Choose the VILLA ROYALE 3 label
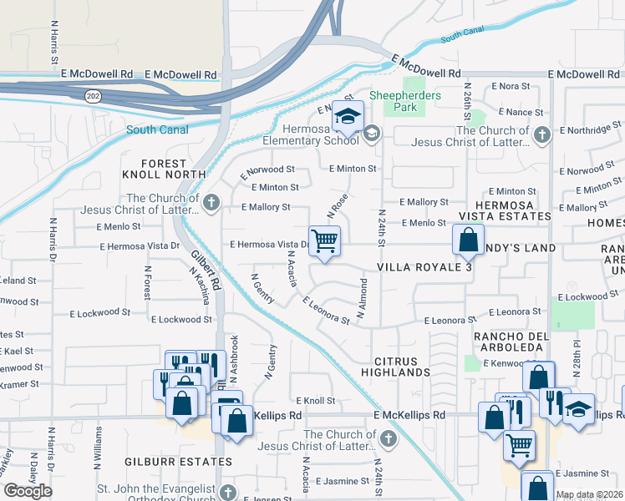point(424,267)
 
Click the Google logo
point(28,491)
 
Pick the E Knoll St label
point(314,402)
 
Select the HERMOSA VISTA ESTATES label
point(513,210)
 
